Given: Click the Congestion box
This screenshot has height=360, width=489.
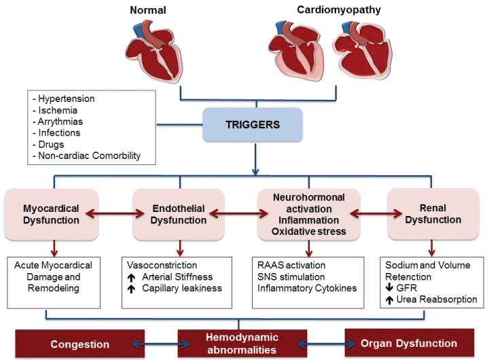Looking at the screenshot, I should pyautogui.click(x=80, y=344).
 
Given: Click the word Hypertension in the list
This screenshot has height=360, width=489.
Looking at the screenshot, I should pyautogui.click(x=67, y=98).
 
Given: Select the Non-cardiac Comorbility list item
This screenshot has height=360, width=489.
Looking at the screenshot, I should pyautogui.click(x=86, y=156).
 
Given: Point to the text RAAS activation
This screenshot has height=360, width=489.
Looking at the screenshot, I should pyautogui.click(x=291, y=265).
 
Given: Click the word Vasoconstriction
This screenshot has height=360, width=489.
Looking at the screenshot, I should pyautogui.click(x=162, y=265).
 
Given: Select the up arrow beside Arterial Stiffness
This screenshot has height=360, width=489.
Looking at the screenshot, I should pyautogui.click(x=132, y=276).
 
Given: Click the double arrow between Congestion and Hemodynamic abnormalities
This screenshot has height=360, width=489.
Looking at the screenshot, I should pyautogui.click(x=151, y=344).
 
